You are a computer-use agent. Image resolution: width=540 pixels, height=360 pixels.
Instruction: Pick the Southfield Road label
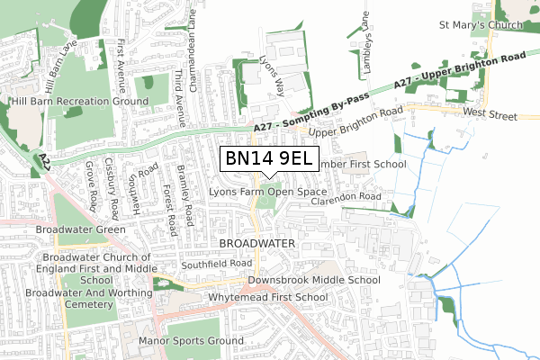216,264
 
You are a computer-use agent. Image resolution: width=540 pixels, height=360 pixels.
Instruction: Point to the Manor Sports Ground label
191,341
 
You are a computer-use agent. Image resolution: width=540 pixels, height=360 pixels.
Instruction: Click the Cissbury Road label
113,190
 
